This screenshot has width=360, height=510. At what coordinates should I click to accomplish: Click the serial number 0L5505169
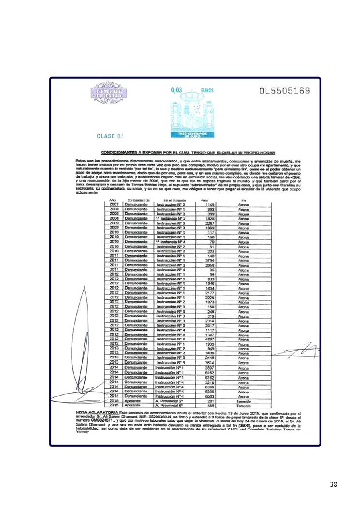284,91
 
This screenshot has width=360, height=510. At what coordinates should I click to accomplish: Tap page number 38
333,485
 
